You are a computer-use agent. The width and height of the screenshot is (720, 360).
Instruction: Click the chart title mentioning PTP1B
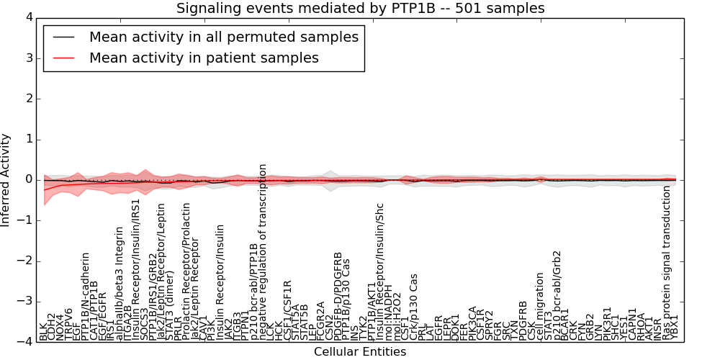point(360,8)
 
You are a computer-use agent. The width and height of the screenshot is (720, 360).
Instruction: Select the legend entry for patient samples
point(204,58)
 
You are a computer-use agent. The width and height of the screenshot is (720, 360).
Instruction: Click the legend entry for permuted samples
point(223,37)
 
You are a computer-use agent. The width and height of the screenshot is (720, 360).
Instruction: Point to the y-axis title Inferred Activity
point(6,179)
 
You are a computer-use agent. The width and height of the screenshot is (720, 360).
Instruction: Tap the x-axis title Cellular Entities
point(359,352)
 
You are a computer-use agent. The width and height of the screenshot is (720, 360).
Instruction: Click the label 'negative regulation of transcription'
point(263,252)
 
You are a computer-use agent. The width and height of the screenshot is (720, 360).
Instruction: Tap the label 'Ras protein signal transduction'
point(667,264)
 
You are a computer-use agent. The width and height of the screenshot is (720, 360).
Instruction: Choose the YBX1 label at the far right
point(675,328)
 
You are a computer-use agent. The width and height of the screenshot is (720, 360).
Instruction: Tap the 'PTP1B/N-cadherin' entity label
point(85,296)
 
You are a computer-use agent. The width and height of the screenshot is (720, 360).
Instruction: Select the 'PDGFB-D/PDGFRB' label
point(338,296)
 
